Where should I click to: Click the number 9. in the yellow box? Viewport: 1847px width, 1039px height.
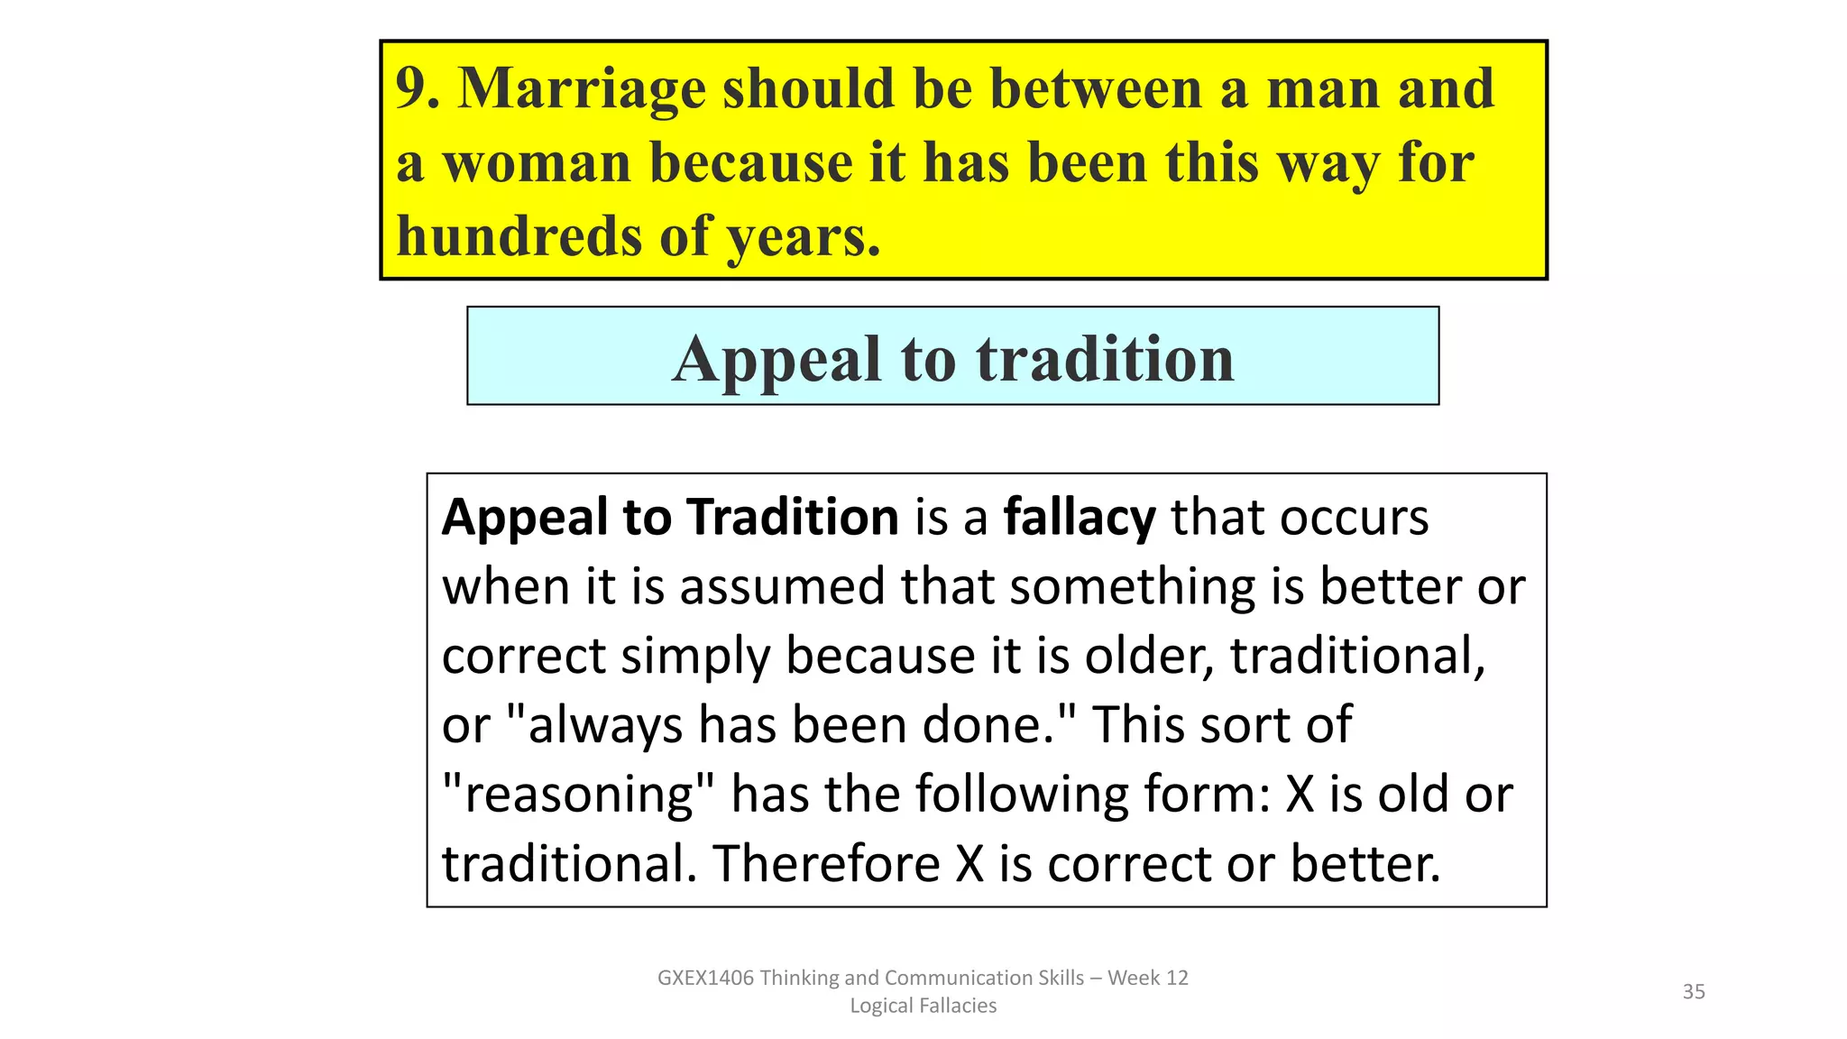point(418,88)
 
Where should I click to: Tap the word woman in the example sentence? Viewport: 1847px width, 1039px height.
point(537,164)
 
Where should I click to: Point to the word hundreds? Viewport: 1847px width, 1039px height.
point(519,236)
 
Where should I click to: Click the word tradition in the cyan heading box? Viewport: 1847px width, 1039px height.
point(1105,359)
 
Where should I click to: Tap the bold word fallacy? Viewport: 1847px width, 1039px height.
point(1079,519)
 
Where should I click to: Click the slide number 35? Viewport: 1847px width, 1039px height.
point(1694,992)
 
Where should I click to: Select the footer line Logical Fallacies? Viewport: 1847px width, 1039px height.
point(923,1006)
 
